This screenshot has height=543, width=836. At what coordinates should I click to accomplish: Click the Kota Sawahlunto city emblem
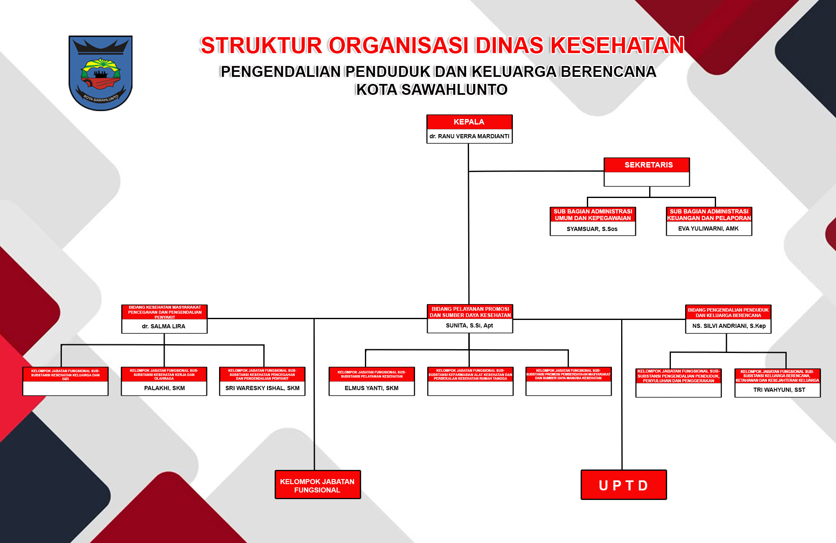[100, 73]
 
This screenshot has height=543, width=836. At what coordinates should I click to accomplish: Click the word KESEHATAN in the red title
[617, 46]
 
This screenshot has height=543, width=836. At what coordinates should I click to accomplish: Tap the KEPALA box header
[469, 122]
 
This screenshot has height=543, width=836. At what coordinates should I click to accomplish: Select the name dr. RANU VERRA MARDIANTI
[469, 136]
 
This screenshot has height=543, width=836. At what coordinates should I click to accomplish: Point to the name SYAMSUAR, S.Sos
[592, 229]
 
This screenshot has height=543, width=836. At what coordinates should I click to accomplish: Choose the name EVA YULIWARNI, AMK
[708, 228]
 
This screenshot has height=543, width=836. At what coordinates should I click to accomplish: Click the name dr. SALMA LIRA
[163, 326]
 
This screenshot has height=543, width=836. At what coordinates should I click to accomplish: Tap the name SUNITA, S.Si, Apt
[469, 325]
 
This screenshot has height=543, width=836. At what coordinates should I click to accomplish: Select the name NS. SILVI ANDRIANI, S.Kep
[729, 326]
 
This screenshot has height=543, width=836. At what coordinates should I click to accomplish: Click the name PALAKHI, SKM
[164, 388]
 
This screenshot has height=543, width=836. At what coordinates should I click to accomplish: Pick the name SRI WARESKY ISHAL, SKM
[262, 388]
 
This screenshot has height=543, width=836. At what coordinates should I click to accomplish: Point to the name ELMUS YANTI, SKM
[371, 388]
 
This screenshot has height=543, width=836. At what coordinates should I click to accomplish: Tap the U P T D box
[623, 485]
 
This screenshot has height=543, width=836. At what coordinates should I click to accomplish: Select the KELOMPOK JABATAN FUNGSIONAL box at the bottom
[317, 485]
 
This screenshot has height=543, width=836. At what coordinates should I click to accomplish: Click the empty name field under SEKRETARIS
[647, 179]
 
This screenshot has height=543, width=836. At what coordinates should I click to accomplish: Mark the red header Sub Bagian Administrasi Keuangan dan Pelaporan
[709, 215]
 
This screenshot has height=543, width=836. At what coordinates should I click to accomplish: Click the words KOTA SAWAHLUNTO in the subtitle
[431, 90]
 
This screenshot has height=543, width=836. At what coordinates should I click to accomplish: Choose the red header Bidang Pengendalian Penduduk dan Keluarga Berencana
[728, 312]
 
